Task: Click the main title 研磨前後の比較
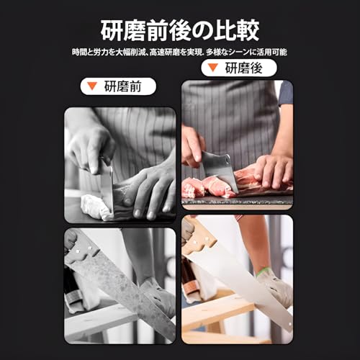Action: [x=179, y=31]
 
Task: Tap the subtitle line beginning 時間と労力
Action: [x=179, y=52]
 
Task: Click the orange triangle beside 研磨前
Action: [x=92, y=87]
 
